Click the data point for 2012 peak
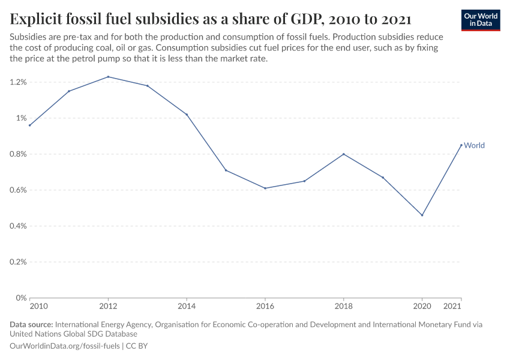point(108,77)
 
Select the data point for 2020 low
point(422,215)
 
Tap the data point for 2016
point(265,188)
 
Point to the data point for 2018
point(344,154)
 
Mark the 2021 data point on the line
point(461,145)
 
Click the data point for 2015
point(226,170)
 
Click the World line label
point(474,145)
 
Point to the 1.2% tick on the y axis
point(17,82)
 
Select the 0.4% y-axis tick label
point(17,226)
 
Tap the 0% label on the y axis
point(21,298)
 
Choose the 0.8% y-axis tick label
point(17,154)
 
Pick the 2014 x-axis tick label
point(187,307)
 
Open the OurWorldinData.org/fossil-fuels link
point(65,346)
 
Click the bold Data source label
point(31,325)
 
